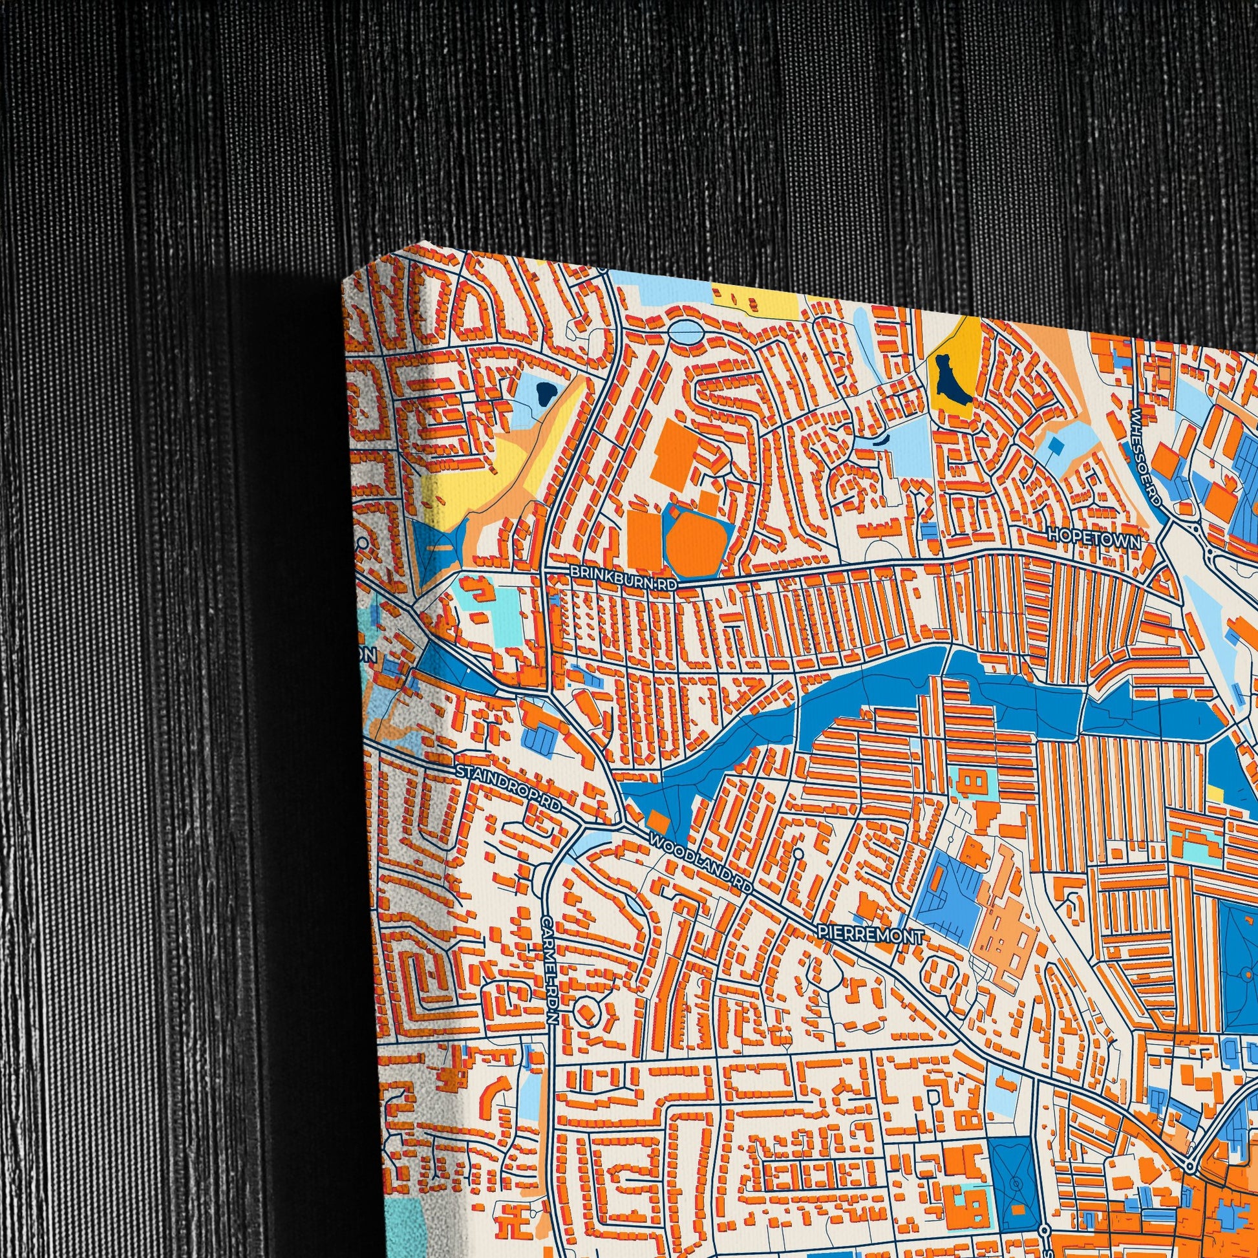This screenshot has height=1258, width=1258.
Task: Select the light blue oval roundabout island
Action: pos(685,333)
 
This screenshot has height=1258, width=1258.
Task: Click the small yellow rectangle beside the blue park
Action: pos(1215,793)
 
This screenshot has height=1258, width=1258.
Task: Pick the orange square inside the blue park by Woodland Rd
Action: pos(657,822)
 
